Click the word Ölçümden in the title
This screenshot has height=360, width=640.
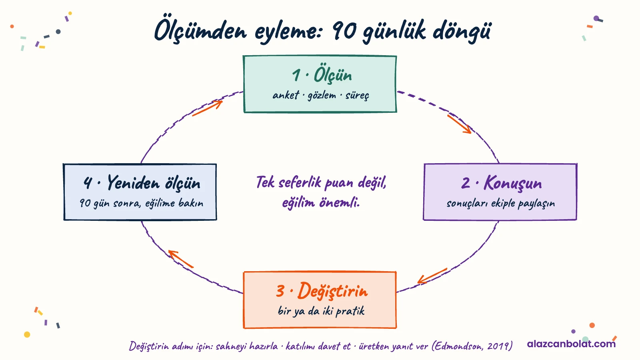coord(200,31)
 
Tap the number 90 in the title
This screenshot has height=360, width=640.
coord(344,30)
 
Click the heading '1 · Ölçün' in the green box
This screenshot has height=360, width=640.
coord(322,74)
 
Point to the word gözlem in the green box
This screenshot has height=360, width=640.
coord(322,96)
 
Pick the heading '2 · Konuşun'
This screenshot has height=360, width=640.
coord(502,183)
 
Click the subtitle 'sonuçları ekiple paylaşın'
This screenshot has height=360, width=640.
coord(500,204)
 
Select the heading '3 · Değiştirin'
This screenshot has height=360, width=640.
coord(322,291)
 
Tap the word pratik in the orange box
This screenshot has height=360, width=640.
coord(350,311)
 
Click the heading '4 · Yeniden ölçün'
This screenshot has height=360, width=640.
coord(142,183)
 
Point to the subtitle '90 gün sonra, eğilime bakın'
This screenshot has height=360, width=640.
coord(142,203)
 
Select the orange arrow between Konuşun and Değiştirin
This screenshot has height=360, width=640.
coord(432,276)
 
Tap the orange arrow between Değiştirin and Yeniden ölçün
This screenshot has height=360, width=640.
coord(180,259)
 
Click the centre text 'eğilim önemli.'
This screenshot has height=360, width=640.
coord(321,203)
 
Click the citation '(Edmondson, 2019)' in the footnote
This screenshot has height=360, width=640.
coord(472,346)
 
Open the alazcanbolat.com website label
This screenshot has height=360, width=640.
coord(571,344)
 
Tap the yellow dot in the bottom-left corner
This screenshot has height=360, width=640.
coord(27,334)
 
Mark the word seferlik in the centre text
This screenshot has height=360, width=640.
coord(300,182)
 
